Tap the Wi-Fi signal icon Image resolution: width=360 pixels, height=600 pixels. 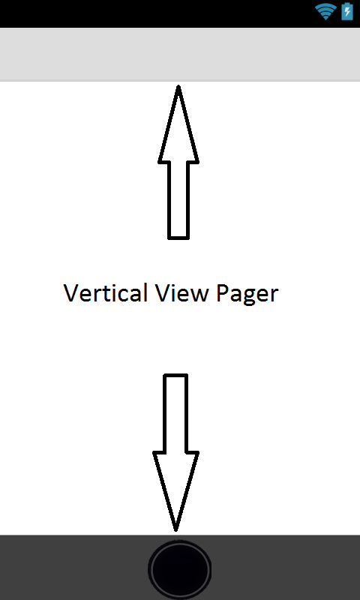(325, 12)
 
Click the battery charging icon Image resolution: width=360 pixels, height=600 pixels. (347, 11)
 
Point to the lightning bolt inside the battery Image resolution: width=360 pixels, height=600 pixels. (347, 12)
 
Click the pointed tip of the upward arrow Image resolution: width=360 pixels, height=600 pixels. (178, 86)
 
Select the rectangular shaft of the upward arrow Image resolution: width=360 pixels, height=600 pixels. (178, 200)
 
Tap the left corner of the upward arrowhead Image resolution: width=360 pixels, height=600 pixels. (159, 162)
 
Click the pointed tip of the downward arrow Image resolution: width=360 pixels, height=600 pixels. (175, 530)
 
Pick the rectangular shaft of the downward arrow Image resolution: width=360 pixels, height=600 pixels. (175, 413)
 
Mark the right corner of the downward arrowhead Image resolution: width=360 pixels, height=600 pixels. (198, 453)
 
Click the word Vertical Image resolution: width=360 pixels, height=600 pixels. (105, 293)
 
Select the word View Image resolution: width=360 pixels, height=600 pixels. (182, 293)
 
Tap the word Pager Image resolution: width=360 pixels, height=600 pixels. (247, 295)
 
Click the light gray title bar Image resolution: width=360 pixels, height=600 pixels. (180, 54)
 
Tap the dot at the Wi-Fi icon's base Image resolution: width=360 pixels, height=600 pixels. (325, 17)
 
